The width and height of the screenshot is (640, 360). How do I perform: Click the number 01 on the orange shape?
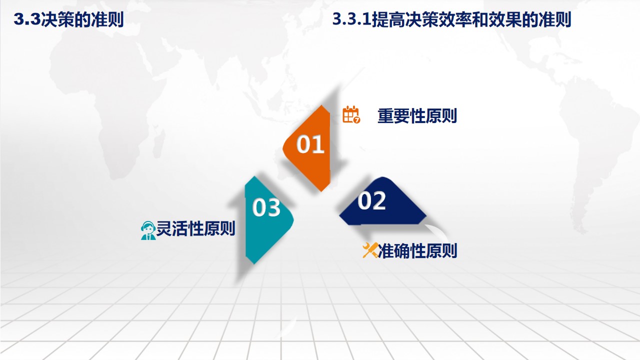click(x=310, y=144)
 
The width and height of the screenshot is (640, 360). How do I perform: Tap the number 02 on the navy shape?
click(x=372, y=201)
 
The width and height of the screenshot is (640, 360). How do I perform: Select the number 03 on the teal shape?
click(x=266, y=207)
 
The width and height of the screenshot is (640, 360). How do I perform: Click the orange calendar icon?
click(x=351, y=114)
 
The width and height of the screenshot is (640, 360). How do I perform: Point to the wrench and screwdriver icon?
click(x=370, y=250)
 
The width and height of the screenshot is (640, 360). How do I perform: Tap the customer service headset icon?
click(x=148, y=230)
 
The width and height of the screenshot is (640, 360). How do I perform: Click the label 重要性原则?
click(x=417, y=116)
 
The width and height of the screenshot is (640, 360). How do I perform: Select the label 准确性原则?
click(x=418, y=250)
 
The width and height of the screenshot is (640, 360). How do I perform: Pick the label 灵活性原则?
click(x=195, y=229)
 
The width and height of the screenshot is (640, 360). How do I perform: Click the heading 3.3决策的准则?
click(x=68, y=20)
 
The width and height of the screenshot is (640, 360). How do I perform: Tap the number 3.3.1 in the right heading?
click(x=351, y=20)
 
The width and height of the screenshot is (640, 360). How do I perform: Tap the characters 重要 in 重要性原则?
click(x=393, y=116)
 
